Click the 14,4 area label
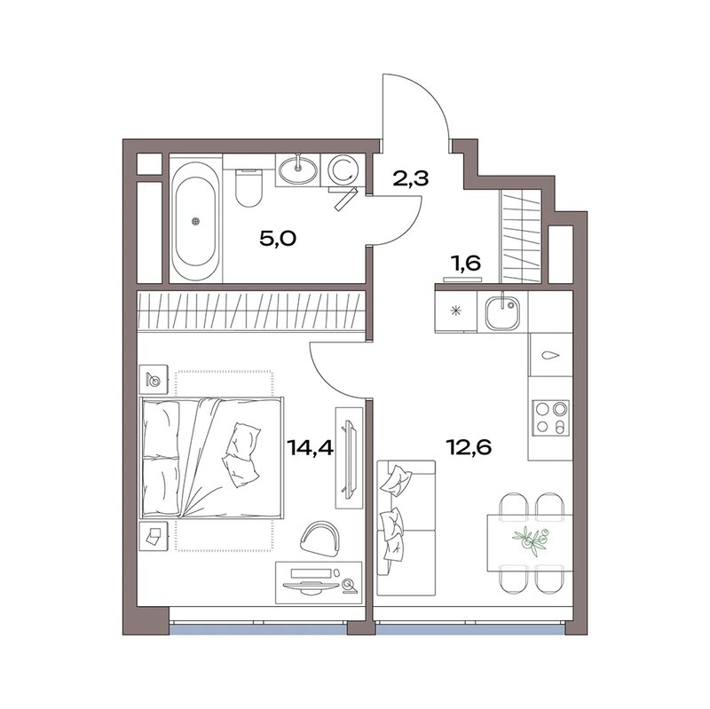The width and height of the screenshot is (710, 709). (x=310, y=449)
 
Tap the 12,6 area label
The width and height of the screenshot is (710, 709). (x=469, y=448)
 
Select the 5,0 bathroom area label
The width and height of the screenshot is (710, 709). (x=278, y=238)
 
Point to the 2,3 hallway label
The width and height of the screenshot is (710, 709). (x=410, y=179)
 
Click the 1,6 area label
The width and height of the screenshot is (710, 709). (x=465, y=263)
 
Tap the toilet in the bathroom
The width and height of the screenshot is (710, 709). (x=248, y=187)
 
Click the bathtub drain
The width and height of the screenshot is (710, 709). (x=195, y=221)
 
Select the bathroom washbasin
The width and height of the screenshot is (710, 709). (x=297, y=169)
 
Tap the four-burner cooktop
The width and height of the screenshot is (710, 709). (x=550, y=417)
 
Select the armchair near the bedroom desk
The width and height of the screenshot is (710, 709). (x=320, y=539)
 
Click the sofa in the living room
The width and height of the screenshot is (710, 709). (x=406, y=528)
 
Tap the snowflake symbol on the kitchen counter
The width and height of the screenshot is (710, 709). (x=456, y=311)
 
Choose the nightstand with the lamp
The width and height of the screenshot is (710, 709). (x=154, y=379)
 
